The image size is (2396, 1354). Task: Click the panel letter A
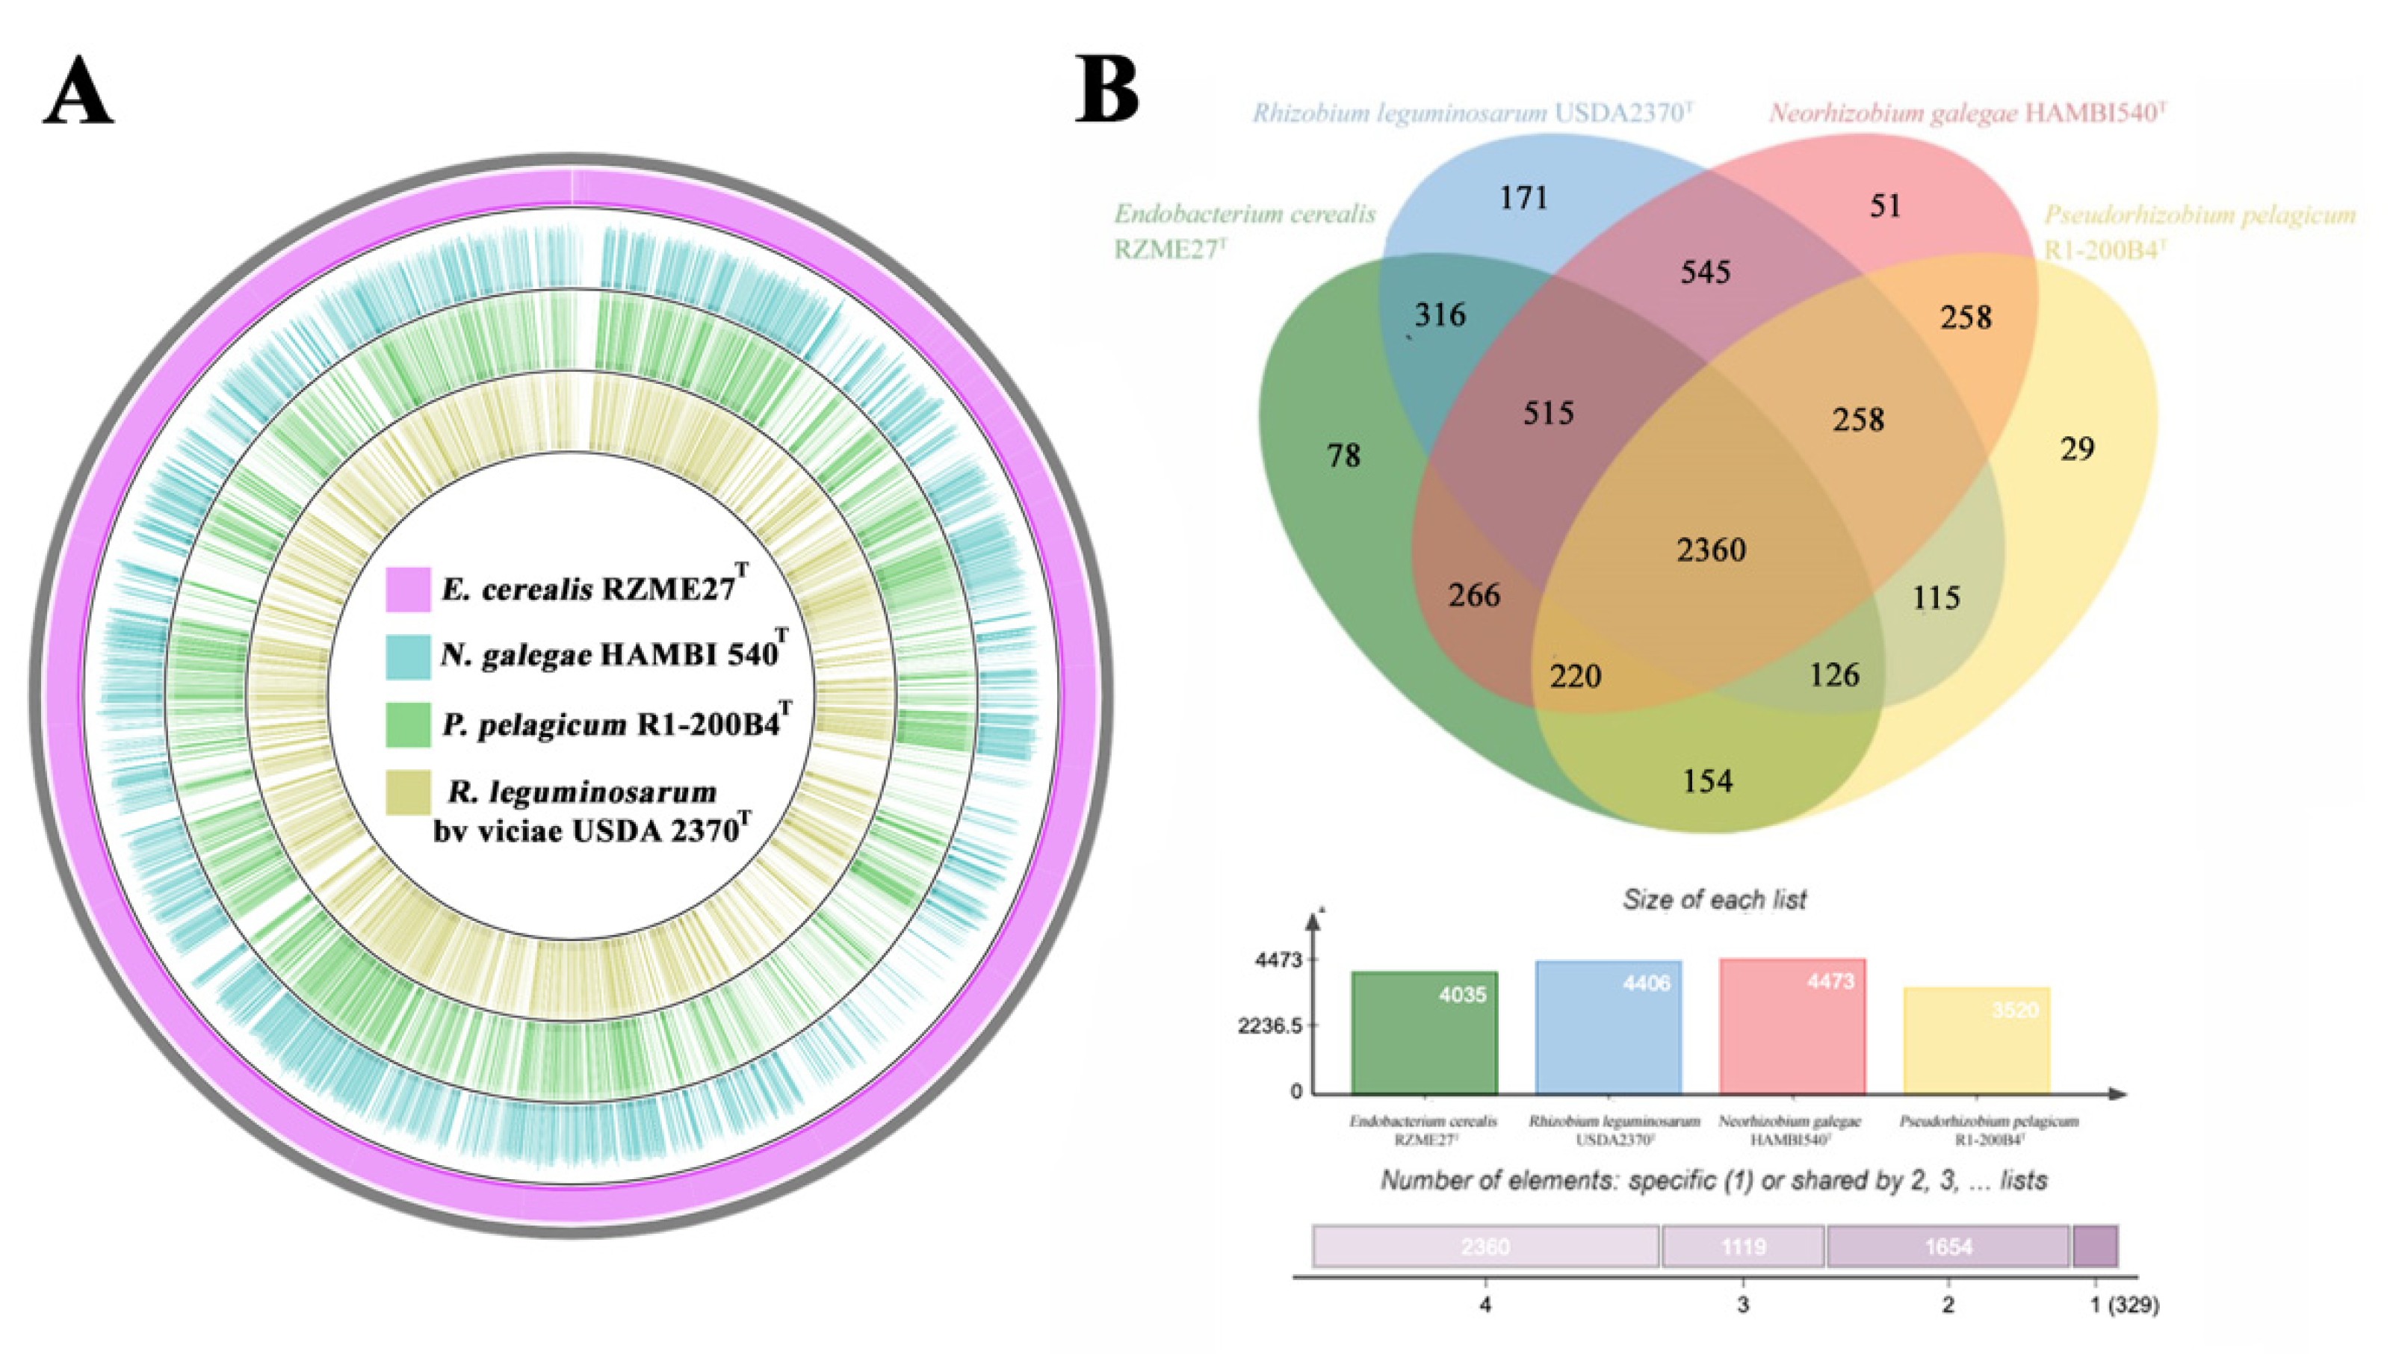pyautogui.click(x=78, y=97)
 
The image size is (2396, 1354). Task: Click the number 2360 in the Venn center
pyautogui.click(x=1712, y=550)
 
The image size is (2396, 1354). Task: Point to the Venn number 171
pyautogui.click(x=1523, y=197)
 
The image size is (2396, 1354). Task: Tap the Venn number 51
pyautogui.click(x=1886, y=205)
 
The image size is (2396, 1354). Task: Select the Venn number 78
pyautogui.click(x=1343, y=455)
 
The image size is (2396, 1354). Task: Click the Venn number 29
pyautogui.click(x=2077, y=449)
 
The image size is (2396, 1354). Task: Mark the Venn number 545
pyautogui.click(x=1705, y=272)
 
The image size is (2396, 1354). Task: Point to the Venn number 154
pyautogui.click(x=1708, y=780)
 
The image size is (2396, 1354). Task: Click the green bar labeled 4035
pyautogui.click(x=1424, y=1032)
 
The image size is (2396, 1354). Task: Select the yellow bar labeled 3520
pyautogui.click(x=1977, y=1040)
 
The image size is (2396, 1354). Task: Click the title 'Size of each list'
pyautogui.click(x=1714, y=899)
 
